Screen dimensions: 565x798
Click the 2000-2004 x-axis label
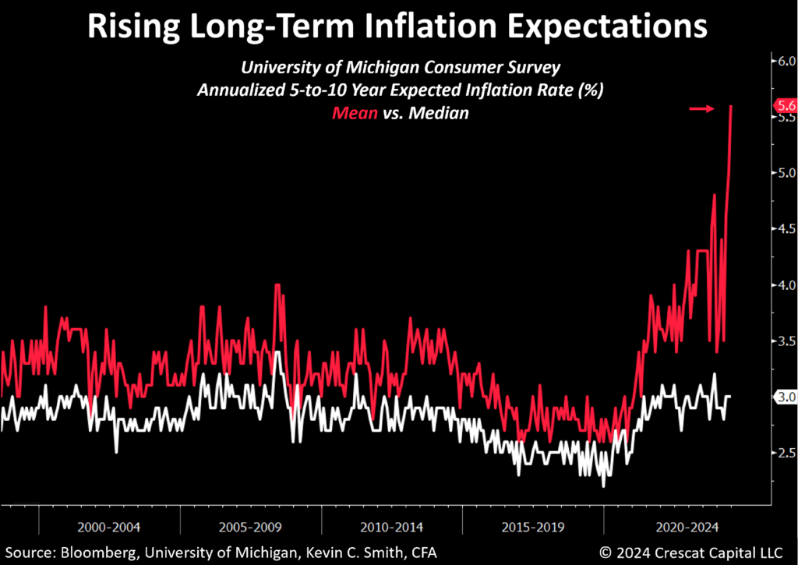(109, 526)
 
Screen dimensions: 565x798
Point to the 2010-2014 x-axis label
(392, 526)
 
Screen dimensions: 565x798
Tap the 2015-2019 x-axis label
(533, 526)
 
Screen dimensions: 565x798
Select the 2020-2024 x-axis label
(675, 526)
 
